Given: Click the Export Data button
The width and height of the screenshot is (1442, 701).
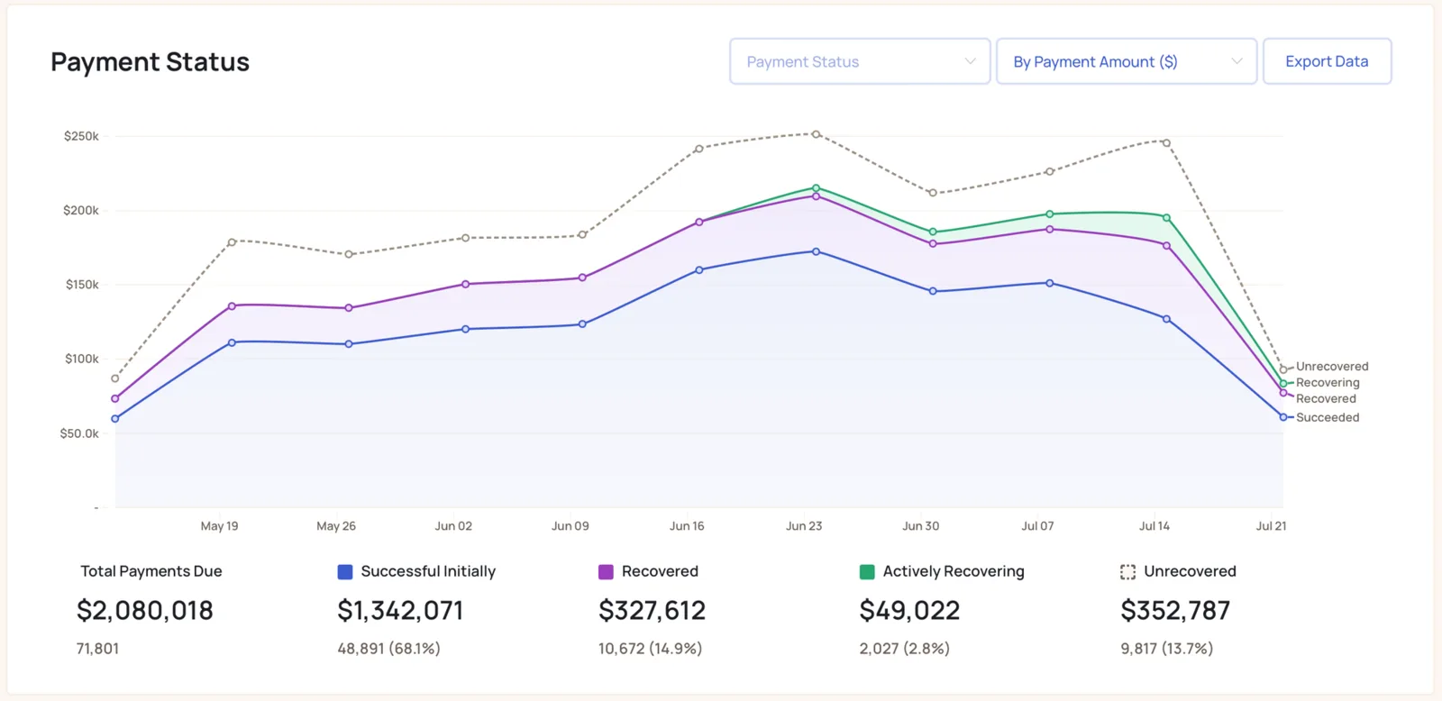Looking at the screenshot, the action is [1327, 61].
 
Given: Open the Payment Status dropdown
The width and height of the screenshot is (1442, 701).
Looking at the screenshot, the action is [860, 61].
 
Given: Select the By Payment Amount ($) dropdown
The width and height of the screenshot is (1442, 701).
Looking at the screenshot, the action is [1127, 61].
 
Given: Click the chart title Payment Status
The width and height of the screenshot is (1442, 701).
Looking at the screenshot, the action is [150, 62].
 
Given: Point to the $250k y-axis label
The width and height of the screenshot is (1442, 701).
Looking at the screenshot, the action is [81, 136].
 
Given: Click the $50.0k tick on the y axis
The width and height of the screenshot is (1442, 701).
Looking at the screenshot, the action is [80, 433].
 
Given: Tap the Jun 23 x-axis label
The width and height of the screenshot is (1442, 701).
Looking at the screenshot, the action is [804, 526].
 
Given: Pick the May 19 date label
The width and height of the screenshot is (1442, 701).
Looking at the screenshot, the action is [220, 526].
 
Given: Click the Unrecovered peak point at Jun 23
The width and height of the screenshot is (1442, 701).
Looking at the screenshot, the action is [817, 134].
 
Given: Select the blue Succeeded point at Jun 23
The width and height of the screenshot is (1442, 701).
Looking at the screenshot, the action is [817, 251].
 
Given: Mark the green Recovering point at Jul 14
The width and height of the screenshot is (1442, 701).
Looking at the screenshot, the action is [1166, 217].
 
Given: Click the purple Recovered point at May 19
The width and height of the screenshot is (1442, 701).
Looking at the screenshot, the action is [232, 306].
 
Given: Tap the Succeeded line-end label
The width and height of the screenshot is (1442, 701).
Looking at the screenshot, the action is [1328, 417].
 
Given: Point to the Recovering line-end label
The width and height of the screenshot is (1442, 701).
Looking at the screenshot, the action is [1328, 382].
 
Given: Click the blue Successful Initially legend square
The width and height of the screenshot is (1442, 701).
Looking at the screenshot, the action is [345, 571].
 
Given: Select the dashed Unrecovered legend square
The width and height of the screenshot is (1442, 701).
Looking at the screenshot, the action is [1127, 571].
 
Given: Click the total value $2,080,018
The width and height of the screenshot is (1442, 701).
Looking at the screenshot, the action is [145, 610].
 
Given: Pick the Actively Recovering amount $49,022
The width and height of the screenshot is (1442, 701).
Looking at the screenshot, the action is [909, 610].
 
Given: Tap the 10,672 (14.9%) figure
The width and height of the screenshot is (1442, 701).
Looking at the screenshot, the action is [650, 648].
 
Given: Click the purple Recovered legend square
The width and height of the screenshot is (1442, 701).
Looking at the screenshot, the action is [606, 571].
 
